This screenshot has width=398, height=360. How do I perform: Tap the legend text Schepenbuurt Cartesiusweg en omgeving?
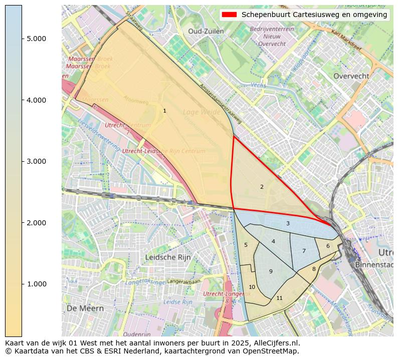[314, 15]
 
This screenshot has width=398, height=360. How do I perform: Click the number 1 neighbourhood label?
[164, 111]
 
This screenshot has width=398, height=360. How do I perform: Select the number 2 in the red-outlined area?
[262, 187]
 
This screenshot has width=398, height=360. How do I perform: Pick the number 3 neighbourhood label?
[288, 223]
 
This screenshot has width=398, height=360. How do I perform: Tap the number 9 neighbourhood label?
[271, 271]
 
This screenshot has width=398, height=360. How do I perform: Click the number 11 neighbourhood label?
[279, 298]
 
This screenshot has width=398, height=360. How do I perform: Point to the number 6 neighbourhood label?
[328, 246]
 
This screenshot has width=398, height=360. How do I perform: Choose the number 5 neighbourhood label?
[246, 245]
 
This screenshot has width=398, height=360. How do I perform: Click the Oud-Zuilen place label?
[206, 31]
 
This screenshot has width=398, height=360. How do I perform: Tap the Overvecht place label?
[351, 76]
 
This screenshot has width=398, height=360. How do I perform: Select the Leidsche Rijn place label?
[168, 257]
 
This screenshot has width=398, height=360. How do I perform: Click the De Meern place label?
[85, 308]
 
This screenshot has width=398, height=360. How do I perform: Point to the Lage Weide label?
[202, 112]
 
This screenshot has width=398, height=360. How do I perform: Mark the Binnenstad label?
[373, 264]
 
